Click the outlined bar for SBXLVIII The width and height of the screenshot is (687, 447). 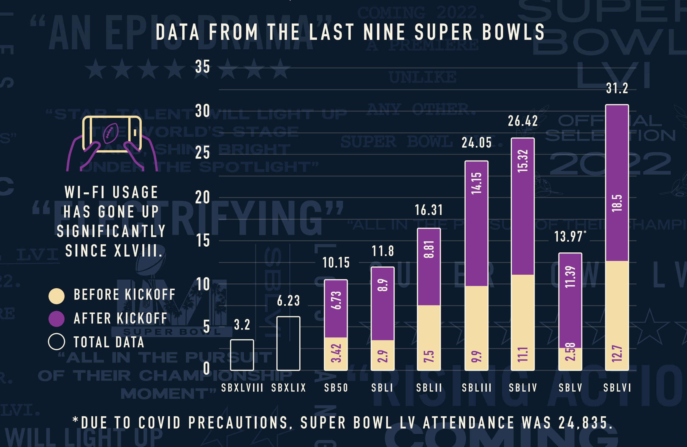pos(242,355)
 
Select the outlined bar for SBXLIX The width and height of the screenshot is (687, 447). pos(288,344)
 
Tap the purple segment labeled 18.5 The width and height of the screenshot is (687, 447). pos(617,183)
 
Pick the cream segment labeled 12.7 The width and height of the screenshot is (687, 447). pos(617,315)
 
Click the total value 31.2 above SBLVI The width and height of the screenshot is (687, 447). pos(617,88)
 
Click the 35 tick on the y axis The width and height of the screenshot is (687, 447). pos(202,67)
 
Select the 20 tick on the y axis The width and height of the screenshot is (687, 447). pos(202,198)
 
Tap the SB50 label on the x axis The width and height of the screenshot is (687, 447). pos(336,388)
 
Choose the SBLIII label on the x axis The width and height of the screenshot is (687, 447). pos(477,388)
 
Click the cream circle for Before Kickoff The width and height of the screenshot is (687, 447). pos(56,296)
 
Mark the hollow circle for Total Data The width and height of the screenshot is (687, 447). pos(56,342)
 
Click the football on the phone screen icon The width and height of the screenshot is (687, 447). pos(111,133)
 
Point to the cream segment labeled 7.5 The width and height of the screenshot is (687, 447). pos(429,338)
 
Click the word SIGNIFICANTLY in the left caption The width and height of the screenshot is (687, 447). pos(111,231)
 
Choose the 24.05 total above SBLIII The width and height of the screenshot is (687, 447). pos(477,143)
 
